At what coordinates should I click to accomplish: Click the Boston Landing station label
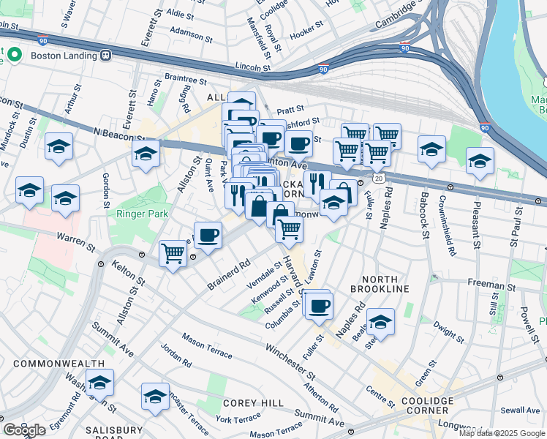coord(64,56)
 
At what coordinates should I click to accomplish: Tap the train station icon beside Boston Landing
coord(106,56)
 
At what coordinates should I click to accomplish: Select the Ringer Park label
coord(143,214)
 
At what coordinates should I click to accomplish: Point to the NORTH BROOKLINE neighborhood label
coord(379,284)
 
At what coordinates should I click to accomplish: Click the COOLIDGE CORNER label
coord(428,405)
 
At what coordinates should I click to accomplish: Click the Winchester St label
coord(290,361)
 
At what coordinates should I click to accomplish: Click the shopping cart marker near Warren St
coord(173,254)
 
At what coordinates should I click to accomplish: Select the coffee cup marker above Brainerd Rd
coord(208,235)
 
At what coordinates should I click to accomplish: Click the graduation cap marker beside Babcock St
coord(432,149)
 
